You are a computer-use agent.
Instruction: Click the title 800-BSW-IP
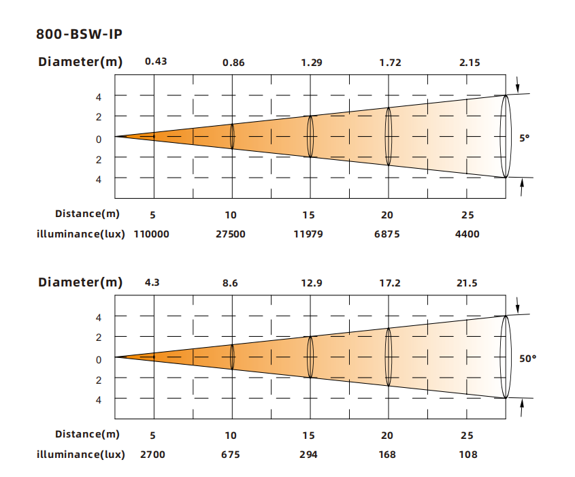[79, 34]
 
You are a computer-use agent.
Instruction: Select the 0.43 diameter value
[156, 61]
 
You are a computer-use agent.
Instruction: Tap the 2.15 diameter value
[470, 63]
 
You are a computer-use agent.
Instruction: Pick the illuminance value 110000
[152, 234]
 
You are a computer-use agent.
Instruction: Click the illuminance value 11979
[308, 234]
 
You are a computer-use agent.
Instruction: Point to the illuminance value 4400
[467, 234]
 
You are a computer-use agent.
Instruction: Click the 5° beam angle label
[525, 138]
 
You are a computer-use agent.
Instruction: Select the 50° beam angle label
[527, 359]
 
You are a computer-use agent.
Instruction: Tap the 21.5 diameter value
[467, 283]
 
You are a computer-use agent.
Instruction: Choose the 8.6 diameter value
[230, 283]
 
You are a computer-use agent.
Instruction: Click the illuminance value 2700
[152, 455]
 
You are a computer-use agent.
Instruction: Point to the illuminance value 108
[468, 455]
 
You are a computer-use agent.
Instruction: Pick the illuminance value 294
[308, 455]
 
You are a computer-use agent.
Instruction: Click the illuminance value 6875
[387, 234]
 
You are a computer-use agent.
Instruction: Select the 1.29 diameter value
[312, 63]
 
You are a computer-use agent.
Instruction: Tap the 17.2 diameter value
[390, 283]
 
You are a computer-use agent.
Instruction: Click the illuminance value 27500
[230, 234]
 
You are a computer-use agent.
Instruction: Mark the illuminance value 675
[230, 455]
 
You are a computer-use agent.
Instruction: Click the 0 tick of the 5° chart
[99, 139]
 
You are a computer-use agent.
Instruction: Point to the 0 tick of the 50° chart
[99, 360]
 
